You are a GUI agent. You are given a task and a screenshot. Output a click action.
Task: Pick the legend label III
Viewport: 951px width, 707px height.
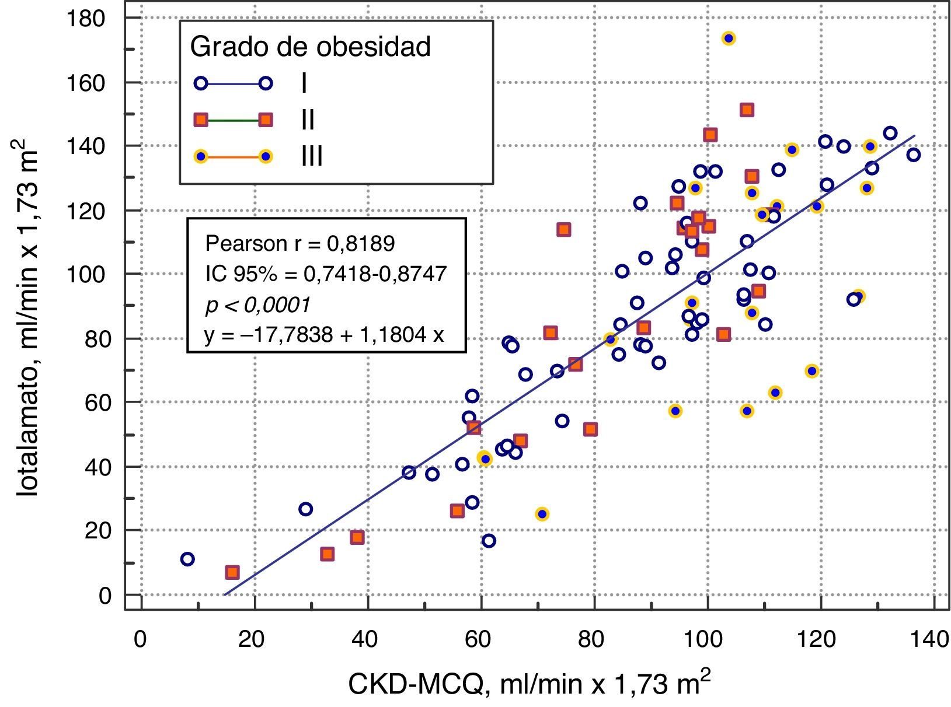click(312, 156)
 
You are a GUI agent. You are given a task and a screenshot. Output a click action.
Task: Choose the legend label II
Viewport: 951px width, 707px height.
click(308, 120)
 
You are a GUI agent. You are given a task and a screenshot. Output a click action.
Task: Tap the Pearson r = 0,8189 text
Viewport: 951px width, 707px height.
click(299, 243)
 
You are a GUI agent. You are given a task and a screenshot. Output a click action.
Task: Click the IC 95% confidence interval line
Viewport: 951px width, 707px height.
click(326, 274)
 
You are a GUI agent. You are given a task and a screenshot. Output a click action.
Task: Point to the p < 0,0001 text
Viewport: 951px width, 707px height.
click(257, 304)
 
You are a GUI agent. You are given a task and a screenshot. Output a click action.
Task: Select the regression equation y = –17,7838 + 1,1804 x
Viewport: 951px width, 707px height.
click(324, 335)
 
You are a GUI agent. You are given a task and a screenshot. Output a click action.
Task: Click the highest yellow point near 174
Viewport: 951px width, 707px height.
click(728, 38)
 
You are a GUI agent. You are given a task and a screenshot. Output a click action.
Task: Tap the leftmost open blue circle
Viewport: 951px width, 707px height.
click(187, 559)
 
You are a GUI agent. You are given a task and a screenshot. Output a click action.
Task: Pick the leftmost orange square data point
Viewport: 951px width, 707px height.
click(232, 572)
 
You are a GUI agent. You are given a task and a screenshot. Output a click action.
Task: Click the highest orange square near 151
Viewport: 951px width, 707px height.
click(747, 110)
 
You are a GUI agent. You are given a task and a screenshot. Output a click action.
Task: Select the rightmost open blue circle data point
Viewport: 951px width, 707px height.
click(914, 155)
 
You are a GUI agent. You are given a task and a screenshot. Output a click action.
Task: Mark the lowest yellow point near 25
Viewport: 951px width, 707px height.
click(542, 514)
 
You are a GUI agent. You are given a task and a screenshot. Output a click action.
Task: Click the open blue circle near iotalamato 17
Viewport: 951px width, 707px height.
click(489, 541)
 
